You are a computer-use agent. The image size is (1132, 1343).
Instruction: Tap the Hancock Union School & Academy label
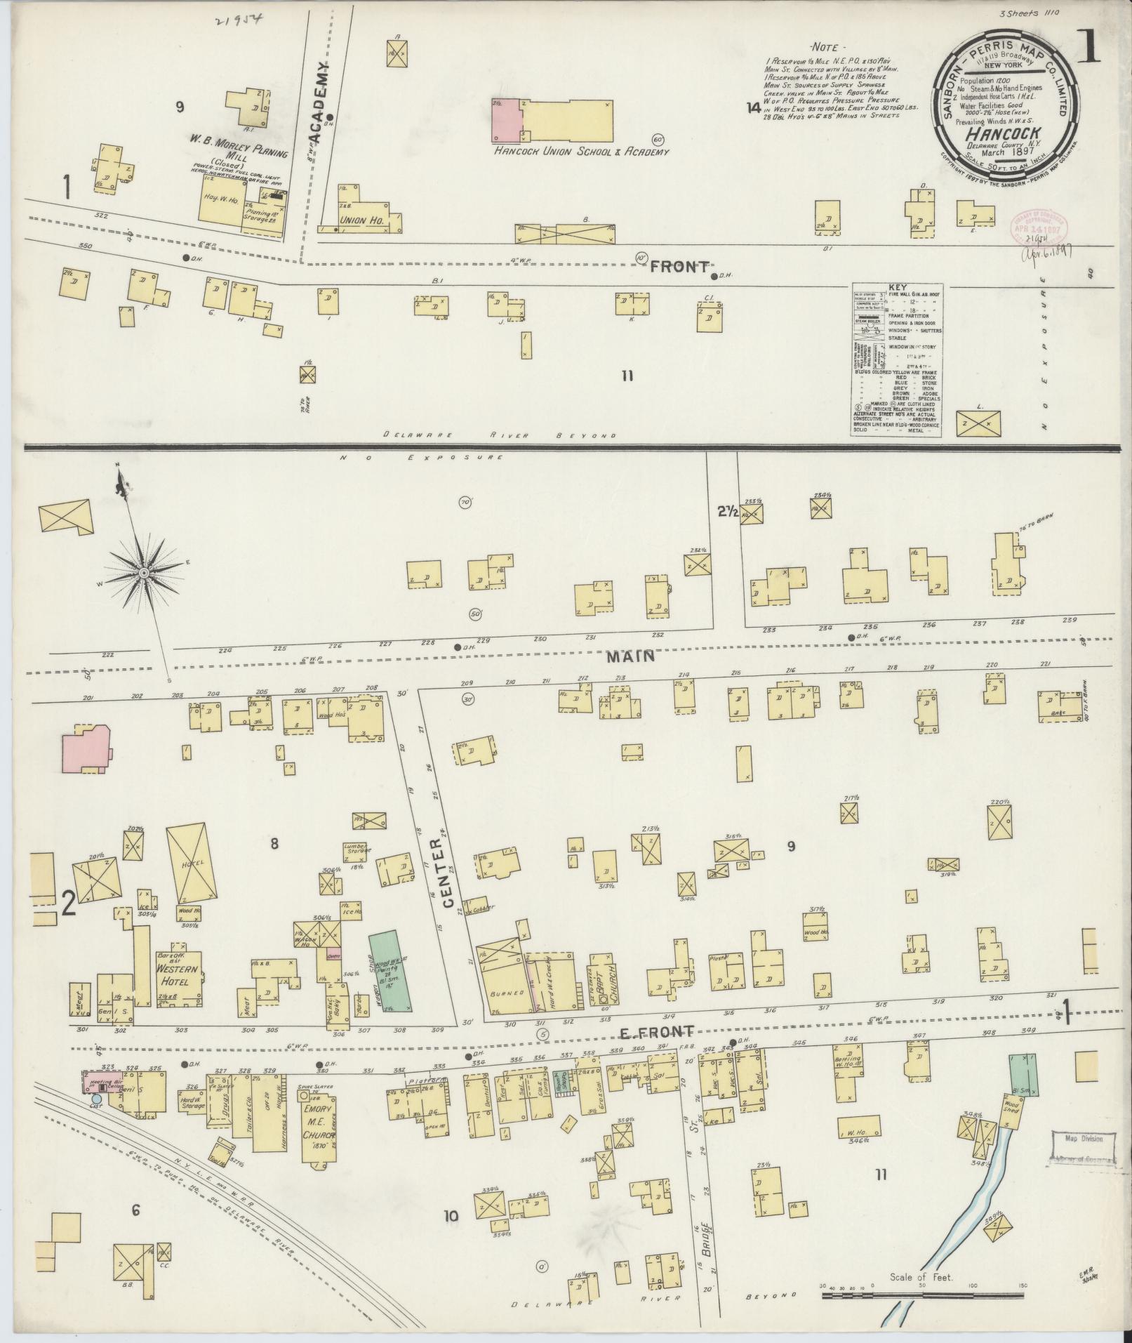581,151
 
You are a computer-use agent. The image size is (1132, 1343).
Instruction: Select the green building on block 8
390,971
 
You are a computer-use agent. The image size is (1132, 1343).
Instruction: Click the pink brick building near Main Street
86,749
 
